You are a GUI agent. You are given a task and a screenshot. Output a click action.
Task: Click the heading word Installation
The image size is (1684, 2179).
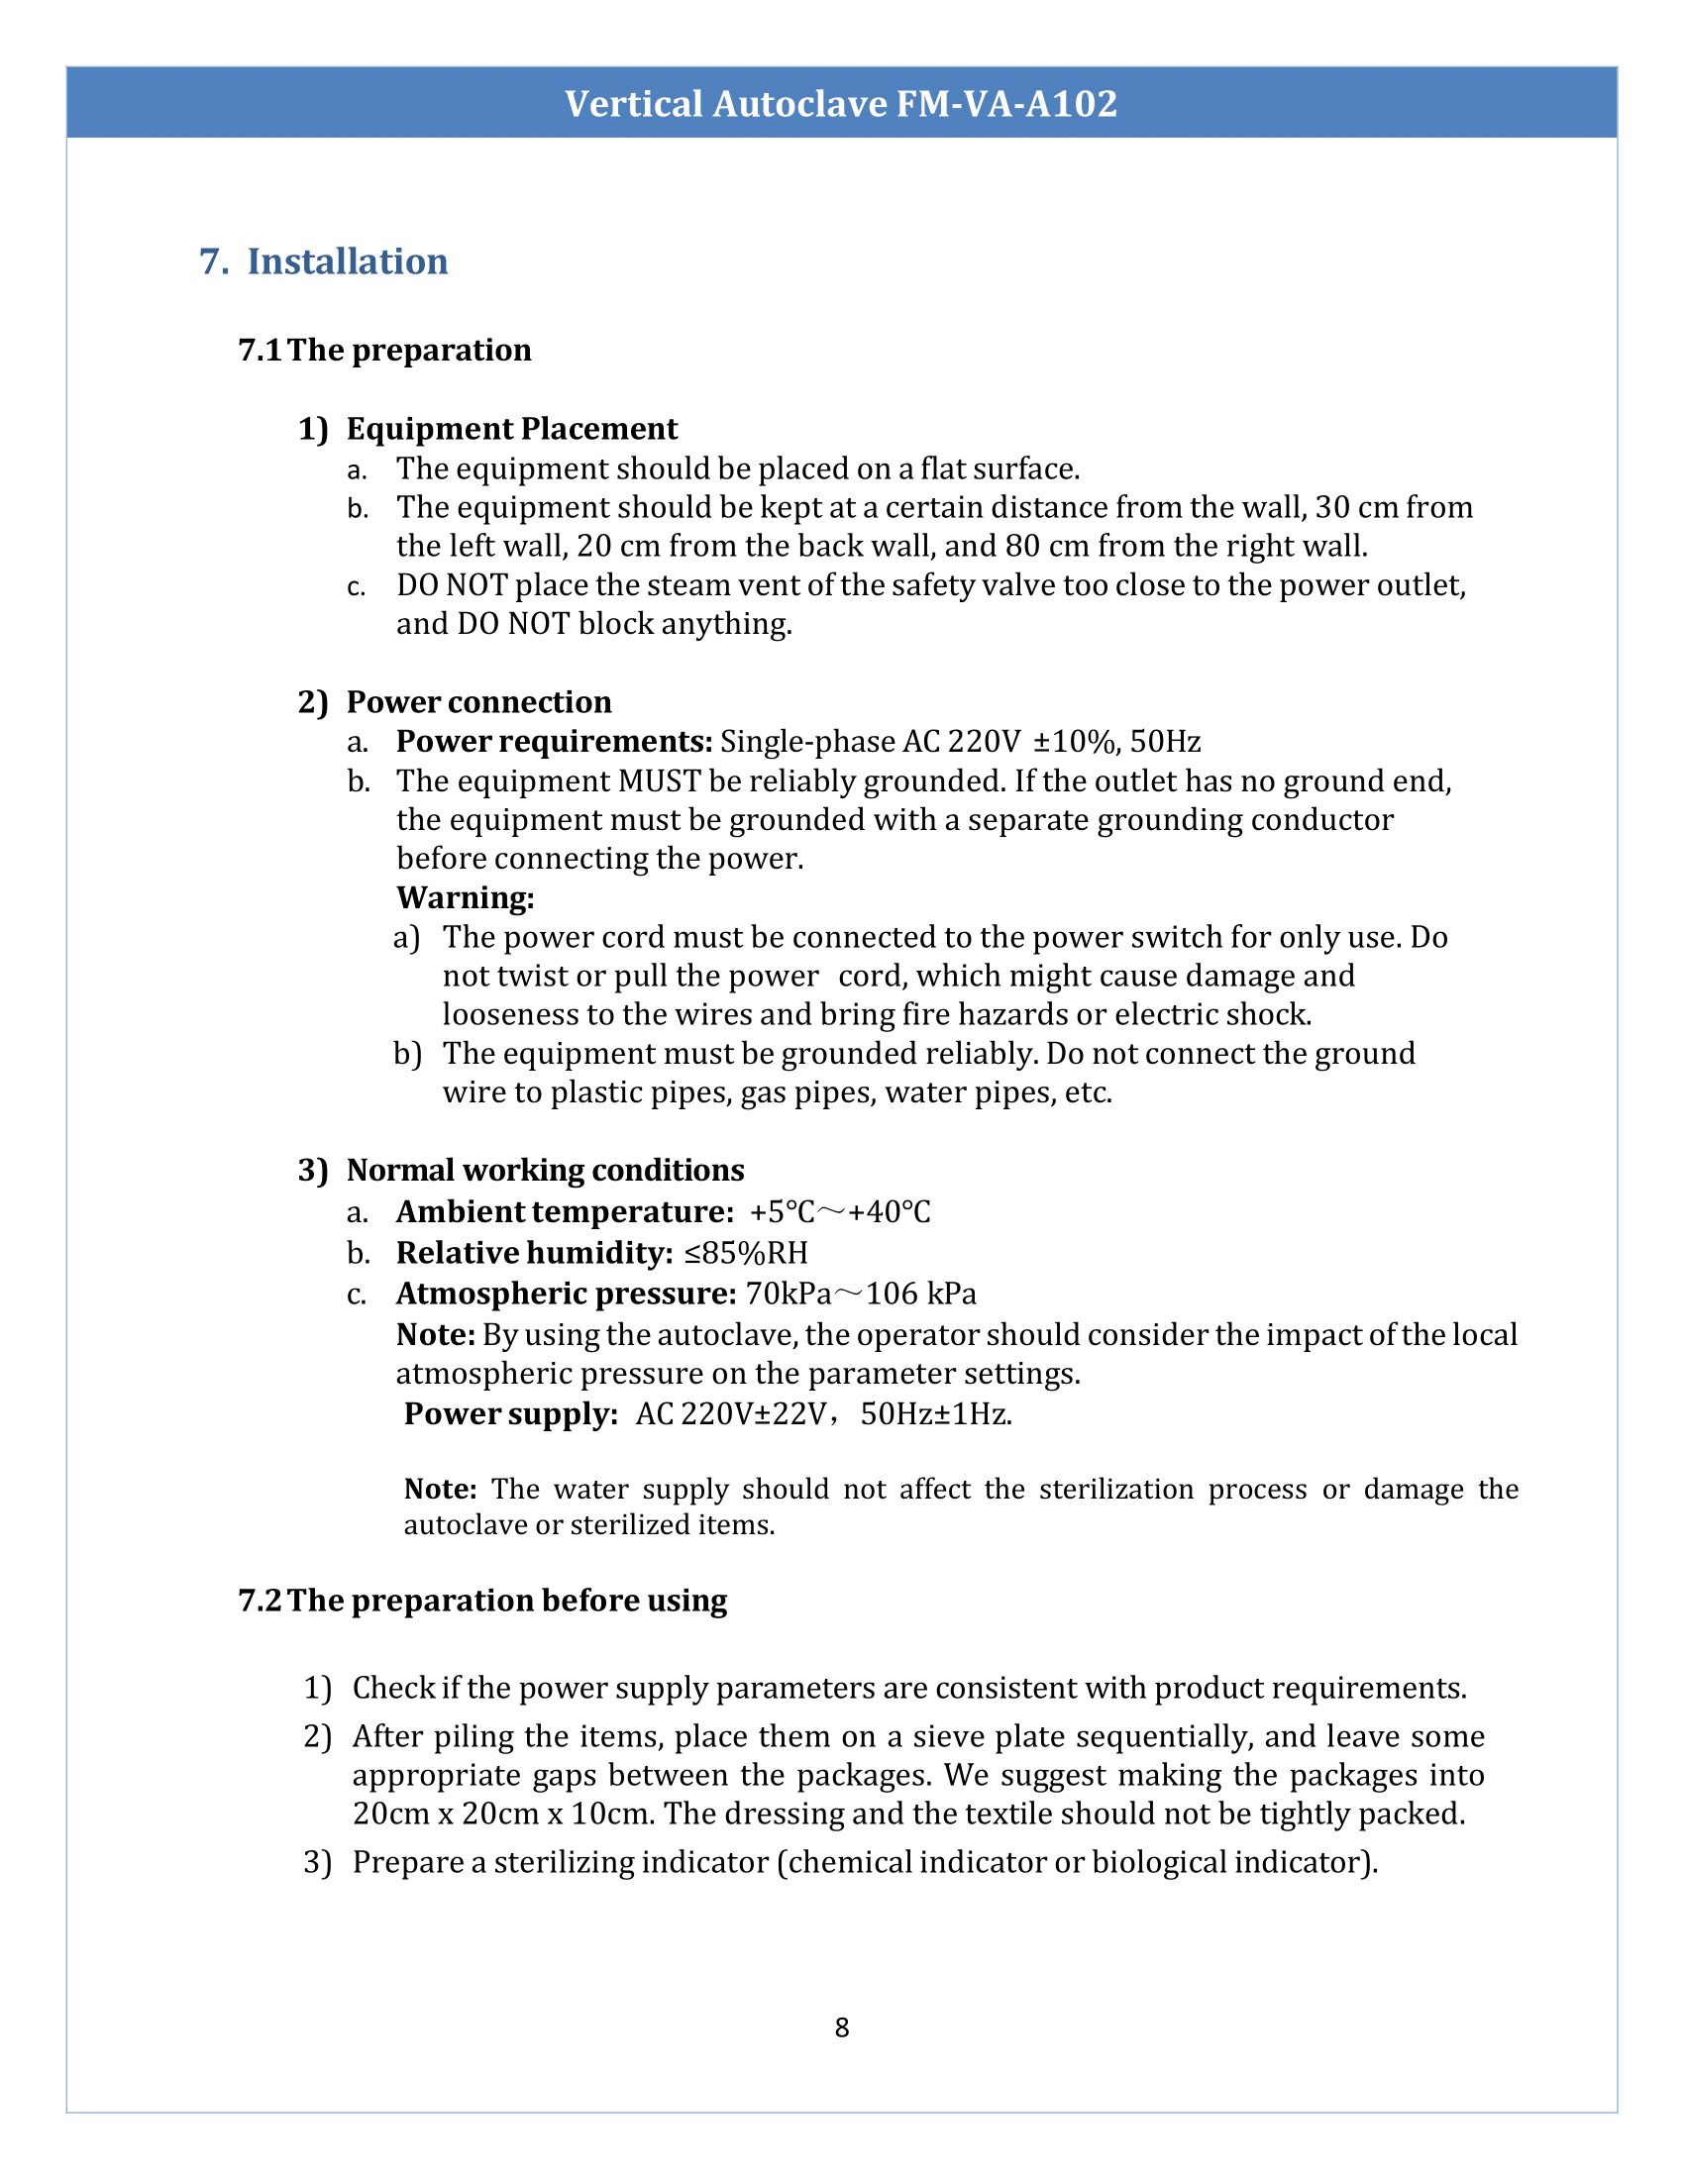347,261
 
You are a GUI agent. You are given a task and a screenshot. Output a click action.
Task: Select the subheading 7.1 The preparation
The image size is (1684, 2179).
385,351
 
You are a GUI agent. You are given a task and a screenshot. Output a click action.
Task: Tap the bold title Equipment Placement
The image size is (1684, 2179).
512,429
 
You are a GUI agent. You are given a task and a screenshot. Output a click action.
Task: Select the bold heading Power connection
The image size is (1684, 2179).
478,702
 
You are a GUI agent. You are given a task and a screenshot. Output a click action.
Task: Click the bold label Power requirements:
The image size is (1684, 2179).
554,741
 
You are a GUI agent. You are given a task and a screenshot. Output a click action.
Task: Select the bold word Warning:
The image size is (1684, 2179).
466,898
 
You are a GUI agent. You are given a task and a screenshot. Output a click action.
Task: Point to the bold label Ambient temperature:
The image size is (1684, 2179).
566,1211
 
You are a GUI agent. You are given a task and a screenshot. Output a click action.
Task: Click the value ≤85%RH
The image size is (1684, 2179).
746,1252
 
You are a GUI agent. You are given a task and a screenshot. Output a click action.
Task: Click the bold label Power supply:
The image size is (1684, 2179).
512,1413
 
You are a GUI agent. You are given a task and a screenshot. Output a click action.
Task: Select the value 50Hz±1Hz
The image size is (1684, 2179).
935,1413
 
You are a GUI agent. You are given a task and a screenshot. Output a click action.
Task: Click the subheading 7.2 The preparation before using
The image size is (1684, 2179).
482,1601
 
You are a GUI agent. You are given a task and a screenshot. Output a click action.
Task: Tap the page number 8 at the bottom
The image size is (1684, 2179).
842,2027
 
